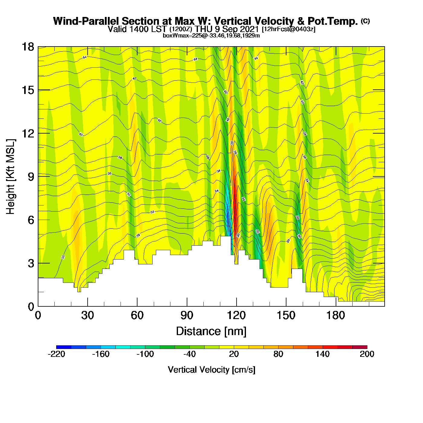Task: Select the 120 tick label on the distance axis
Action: pos(236,316)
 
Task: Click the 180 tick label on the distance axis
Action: pos(336,316)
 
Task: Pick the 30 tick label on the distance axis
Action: pos(87,316)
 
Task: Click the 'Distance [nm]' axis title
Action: pos(211,331)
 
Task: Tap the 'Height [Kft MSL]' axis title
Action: pos(11,177)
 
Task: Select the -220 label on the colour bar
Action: pos(57,354)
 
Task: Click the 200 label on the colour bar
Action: pos(367,354)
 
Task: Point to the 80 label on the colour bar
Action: pos(278,354)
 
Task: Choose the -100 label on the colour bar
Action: pos(145,354)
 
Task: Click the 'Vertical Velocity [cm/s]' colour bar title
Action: pos(211,370)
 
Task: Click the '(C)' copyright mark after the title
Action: pos(365,21)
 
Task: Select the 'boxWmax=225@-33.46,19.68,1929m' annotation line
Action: pos(211,35)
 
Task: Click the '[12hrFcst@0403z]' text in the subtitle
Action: pos(289,29)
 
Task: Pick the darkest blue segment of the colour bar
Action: pos(64,347)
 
